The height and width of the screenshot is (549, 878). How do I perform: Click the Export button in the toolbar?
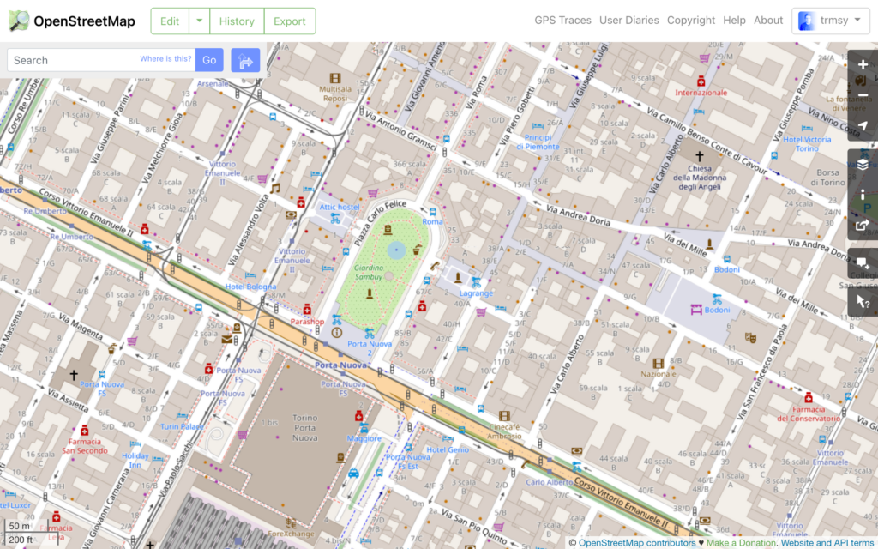(x=289, y=21)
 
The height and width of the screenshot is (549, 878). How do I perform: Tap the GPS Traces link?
(x=562, y=21)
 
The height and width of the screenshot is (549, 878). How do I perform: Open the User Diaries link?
(x=629, y=21)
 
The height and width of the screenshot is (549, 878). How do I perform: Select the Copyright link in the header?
(x=691, y=21)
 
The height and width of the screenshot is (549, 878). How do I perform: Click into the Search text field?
(x=77, y=60)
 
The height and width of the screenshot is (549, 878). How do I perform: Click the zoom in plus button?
(x=863, y=64)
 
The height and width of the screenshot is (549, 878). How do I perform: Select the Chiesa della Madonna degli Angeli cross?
(x=699, y=157)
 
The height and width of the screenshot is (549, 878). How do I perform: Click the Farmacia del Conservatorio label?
(x=808, y=413)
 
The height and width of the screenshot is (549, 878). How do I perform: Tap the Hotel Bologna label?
(x=250, y=287)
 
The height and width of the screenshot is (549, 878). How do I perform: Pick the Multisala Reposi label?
(x=335, y=93)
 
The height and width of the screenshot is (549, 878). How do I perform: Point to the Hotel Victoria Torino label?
(x=807, y=143)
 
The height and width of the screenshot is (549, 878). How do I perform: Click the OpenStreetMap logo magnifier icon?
(x=18, y=21)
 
